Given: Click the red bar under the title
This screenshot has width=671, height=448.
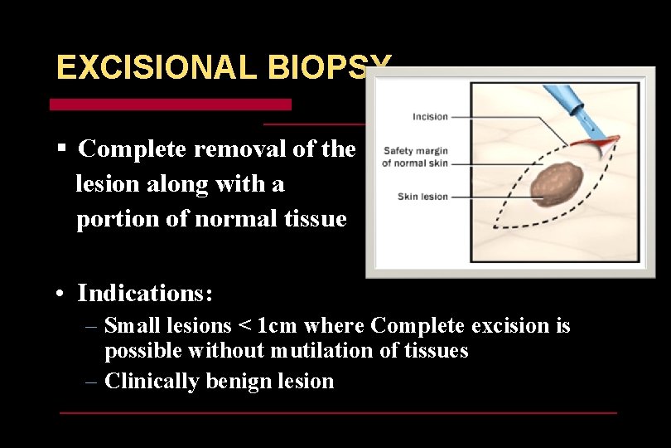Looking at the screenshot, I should (x=171, y=105).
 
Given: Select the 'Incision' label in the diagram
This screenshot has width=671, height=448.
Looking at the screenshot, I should (x=430, y=117).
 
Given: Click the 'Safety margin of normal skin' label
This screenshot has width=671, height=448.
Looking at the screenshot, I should (x=415, y=157).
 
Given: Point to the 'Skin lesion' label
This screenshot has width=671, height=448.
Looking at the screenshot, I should (x=422, y=197).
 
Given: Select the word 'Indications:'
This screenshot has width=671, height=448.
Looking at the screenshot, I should (x=146, y=293).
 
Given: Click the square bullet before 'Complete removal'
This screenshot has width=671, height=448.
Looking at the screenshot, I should (x=61, y=149).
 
